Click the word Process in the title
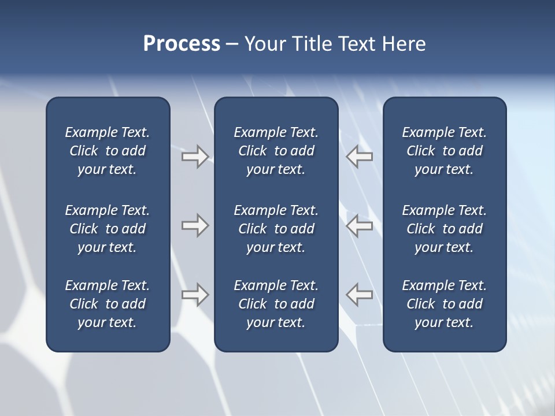[x=182, y=44]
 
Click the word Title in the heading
[x=311, y=44]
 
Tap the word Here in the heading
[x=404, y=44]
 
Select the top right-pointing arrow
[x=195, y=157]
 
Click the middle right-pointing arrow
[x=195, y=225]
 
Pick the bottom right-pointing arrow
[x=195, y=295]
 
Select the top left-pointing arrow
[x=360, y=157]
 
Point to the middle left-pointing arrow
[x=360, y=225]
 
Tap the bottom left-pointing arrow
[x=360, y=295]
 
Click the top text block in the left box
[x=108, y=151]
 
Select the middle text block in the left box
[x=108, y=229]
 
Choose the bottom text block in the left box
[x=108, y=304]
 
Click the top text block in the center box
[x=276, y=151]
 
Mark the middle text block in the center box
[x=276, y=229]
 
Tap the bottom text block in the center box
[x=276, y=304]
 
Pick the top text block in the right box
[x=444, y=151]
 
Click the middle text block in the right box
[x=444, y=229]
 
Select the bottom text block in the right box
[x=444, y=304]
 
